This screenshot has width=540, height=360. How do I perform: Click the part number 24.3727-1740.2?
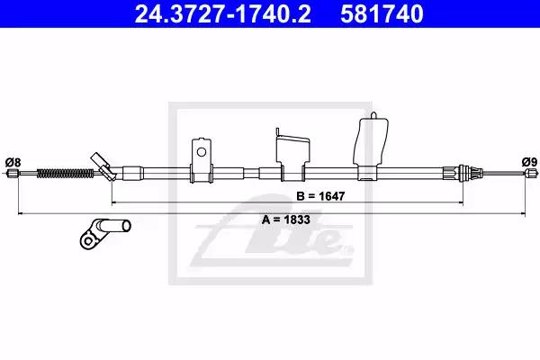[223, 13]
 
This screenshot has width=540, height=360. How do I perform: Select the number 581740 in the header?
[382, 13]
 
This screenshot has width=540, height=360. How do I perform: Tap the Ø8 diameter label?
[13, 162]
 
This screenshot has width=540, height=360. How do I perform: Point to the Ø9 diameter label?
[529, 162]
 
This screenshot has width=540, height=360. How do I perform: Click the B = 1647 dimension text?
[320, 196]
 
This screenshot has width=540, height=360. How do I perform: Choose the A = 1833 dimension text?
[286, 220]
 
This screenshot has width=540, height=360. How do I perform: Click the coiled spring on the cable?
[65, 173]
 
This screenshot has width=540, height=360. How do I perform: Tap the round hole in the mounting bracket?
[201, 152]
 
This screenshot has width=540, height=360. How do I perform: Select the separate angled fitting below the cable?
[105, 233]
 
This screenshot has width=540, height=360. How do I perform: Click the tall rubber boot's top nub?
[373, 115]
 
